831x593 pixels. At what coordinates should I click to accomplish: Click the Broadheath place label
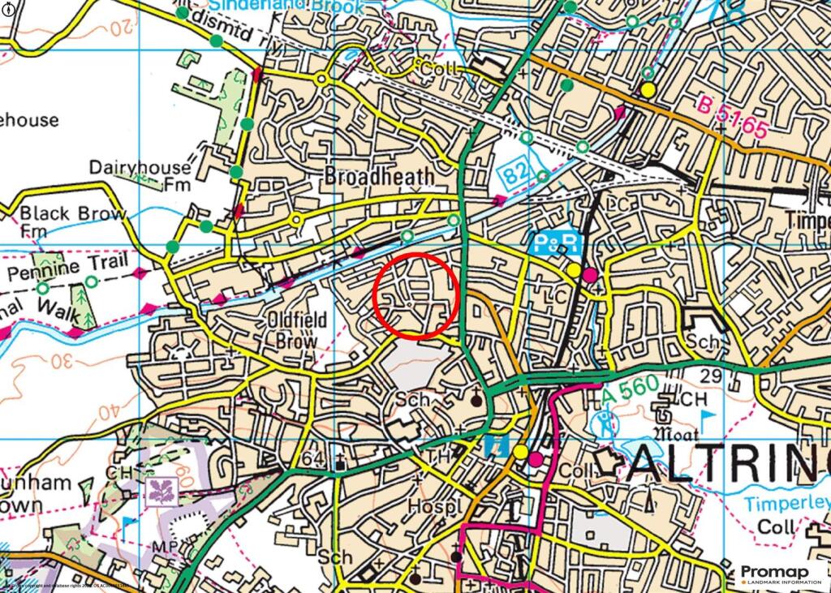click(x=380, y=176)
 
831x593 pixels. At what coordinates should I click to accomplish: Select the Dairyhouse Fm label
click(x=140, y=176)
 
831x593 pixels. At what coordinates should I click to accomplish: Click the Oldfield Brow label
click(x=297, y=330)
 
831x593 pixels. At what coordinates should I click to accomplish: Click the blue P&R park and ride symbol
click(x=558, y=243)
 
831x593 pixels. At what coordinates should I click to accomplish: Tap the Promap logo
click(x=783, y=574)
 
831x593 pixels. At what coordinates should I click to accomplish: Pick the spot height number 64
click(x=312, y=460)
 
